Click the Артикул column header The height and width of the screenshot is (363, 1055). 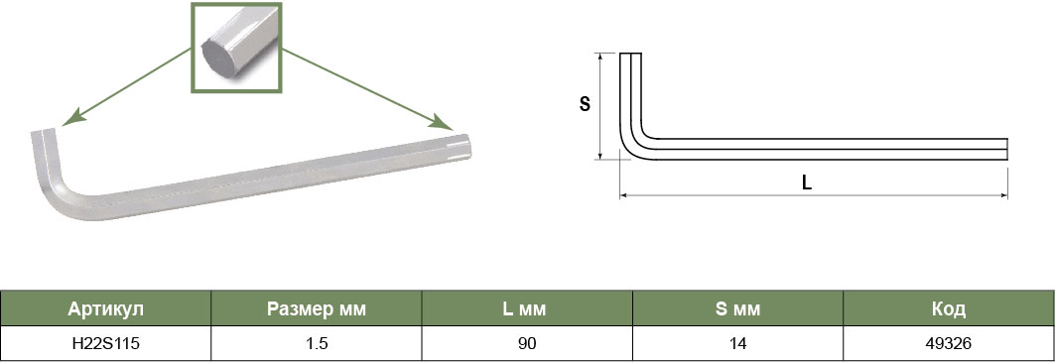coord(105,309)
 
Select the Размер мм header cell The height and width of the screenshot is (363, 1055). coord(317,309)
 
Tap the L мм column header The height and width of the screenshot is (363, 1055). coord(527,309)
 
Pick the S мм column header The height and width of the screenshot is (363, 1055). coord(737,309)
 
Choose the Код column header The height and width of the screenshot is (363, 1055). coord(949,309)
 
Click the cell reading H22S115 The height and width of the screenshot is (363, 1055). coord(105,344)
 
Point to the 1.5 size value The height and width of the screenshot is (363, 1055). coord(317,344)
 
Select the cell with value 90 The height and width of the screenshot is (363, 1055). coord(527,344)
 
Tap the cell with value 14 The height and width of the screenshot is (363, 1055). coord(737,344)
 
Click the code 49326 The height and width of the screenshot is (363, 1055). coord(949,344)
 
